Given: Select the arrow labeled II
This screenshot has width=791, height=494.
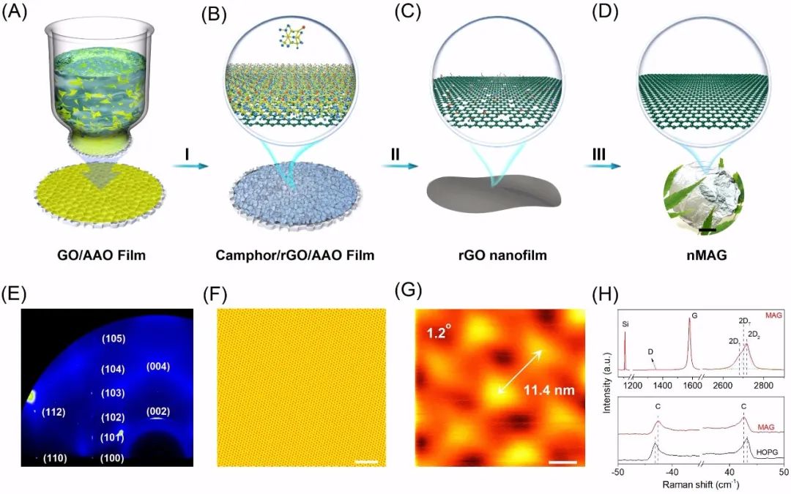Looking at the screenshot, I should (395, 166).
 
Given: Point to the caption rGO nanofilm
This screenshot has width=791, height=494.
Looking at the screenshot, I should (491, 255).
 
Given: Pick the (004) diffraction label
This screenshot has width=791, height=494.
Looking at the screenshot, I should (158, 366).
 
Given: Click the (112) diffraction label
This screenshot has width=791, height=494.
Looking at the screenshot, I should (55, 412).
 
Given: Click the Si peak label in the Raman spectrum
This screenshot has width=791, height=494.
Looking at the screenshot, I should (625, 322).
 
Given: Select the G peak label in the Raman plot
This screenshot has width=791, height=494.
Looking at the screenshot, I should (694, 316).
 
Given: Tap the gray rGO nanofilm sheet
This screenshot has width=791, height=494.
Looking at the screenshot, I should (491, 195).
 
